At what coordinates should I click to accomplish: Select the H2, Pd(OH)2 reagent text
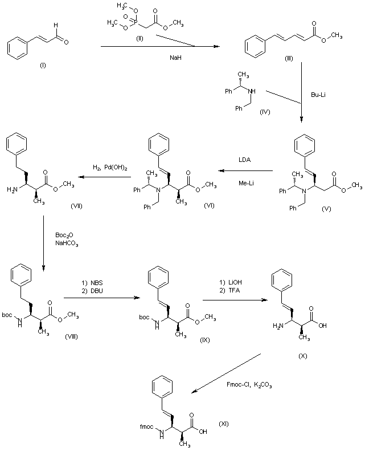(111, 167)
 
